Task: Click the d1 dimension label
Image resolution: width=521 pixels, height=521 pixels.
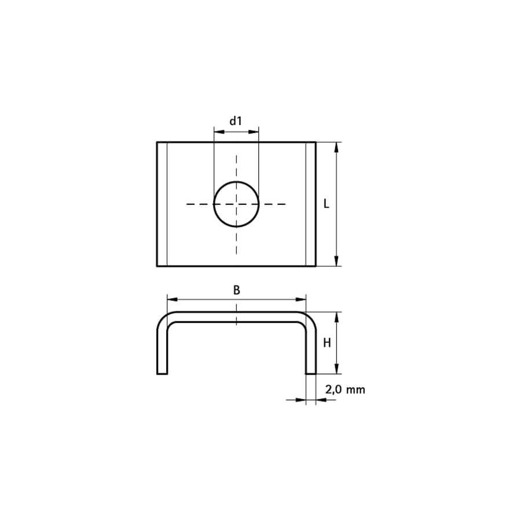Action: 236,121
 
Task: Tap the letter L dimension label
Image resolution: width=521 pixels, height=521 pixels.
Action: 326,204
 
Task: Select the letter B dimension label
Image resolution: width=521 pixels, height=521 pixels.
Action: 236,290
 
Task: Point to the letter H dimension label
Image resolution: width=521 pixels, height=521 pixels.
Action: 327,343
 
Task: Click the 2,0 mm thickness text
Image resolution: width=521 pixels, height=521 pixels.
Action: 345,390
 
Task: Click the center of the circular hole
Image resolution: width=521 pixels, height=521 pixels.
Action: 236,204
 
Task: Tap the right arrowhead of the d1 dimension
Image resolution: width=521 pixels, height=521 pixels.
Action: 254,132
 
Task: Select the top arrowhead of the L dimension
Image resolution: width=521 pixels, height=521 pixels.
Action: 336,148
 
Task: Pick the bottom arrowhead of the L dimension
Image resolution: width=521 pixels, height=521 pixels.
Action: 336,261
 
